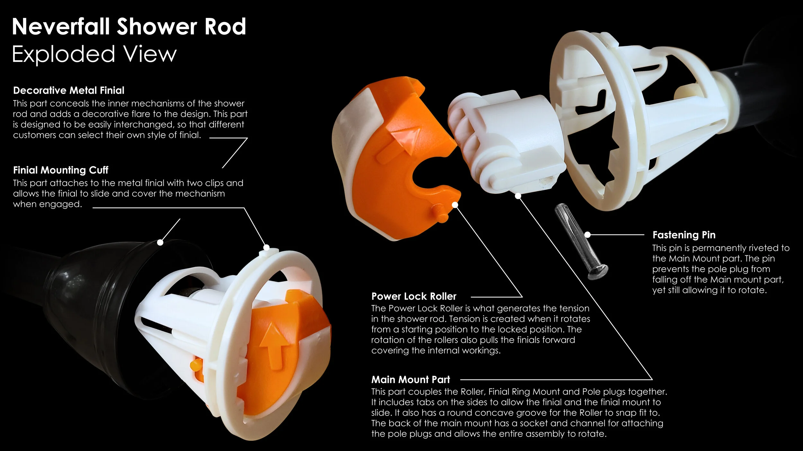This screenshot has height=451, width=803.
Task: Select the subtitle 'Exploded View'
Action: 94,54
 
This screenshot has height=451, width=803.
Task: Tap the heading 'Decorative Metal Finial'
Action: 69,90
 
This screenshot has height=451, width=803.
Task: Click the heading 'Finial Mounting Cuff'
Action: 61,170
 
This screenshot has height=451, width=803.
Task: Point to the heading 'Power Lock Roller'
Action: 414,296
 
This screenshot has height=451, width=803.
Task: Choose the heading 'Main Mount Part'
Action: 410,379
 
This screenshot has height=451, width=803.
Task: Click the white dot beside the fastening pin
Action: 587,235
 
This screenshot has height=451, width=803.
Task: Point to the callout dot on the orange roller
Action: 455,205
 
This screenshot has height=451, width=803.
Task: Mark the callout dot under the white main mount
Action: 518,196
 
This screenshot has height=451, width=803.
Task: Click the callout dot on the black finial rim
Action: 160,242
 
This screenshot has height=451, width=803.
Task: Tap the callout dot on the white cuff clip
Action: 266,247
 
